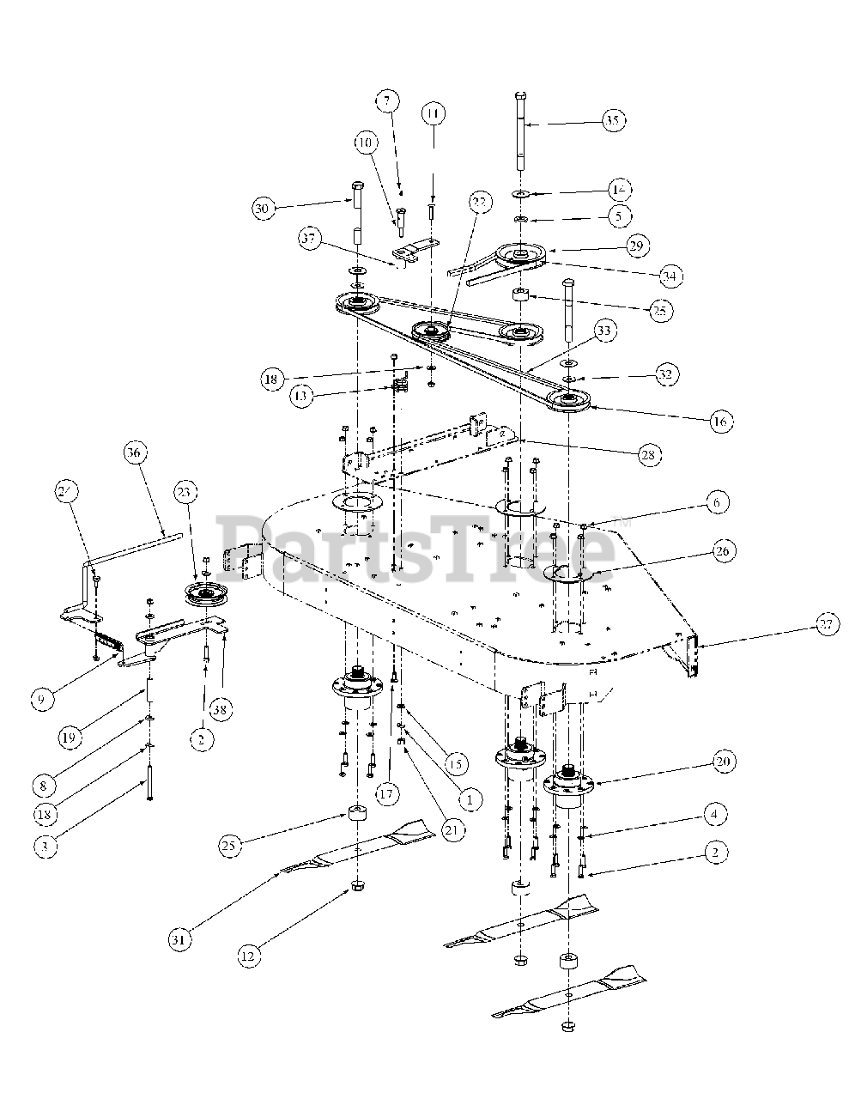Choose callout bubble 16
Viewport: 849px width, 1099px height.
tap(719, 421)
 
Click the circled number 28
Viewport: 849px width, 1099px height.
tap(649, 455)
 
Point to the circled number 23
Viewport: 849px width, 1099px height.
tap(183, 492)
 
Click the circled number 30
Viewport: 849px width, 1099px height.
tap(264, 208)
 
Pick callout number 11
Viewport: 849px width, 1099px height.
tap(434, 113)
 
